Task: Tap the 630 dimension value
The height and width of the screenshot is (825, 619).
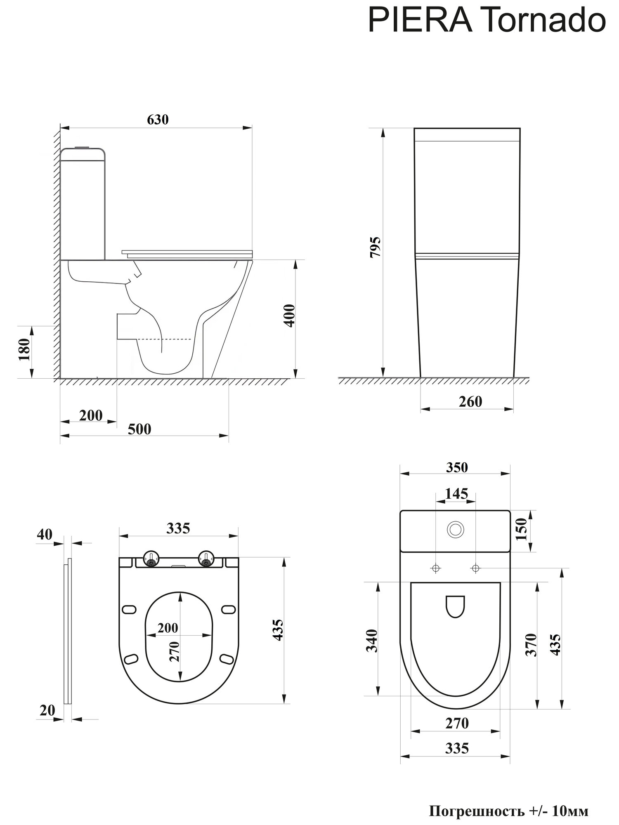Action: pos(158,119)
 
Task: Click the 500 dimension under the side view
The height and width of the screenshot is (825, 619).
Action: pos(139,429)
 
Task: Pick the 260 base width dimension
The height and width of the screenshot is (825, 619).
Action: pos(470,401)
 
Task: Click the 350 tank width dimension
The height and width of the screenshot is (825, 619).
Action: pos(457,467)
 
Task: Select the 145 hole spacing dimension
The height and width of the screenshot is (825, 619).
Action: pos(457,493)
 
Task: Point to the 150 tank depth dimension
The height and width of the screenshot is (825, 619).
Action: pos(522,529)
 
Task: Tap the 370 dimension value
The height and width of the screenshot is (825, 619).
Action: pos(532,644)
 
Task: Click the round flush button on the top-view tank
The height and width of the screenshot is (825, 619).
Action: pos(456,530)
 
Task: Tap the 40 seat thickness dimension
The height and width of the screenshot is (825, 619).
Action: pos(45,534)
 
